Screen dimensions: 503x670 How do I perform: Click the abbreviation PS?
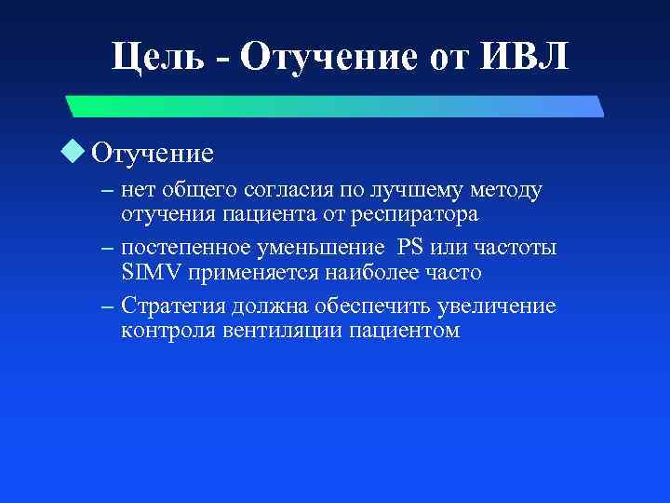point(409,249)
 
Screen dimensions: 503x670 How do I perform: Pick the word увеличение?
point(503,306)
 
